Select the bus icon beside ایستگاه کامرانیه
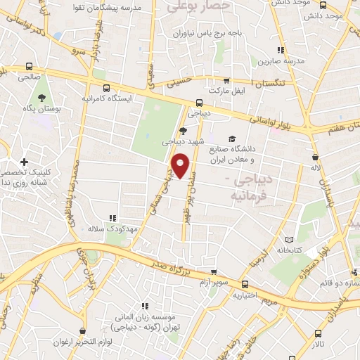pyautogui.click(x=105, y=88)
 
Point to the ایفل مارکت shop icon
pyautogui.click(x=226, y=80)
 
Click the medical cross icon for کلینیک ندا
pyautogui.click(x=24, y=162)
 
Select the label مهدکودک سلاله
pyautogui.click(x=105, y=229)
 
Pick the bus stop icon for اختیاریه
pyautogui.click(x=245, y=284)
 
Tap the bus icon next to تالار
pyautogui.click(x=318, y=334)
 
